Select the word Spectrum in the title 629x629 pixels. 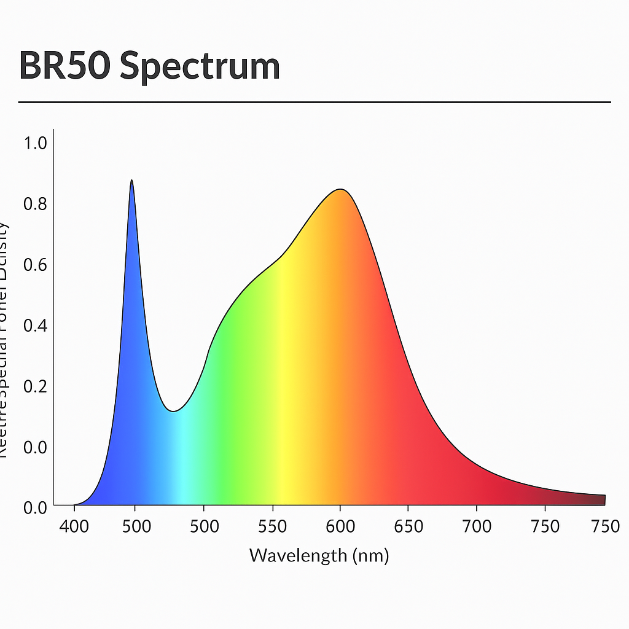200,66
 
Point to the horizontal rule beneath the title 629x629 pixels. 314,102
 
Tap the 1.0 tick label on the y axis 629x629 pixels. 35,143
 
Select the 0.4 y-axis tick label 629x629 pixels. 35,325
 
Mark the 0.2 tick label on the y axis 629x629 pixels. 35,386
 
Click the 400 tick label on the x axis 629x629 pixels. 74,526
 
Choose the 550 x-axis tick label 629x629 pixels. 273,526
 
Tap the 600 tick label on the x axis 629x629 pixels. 340,526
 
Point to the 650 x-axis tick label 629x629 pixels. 408,526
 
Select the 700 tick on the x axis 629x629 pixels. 477,526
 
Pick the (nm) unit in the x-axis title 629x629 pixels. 370,556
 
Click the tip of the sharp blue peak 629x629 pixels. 131,181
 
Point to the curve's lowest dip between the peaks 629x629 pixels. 174,411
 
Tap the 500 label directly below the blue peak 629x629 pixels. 136,526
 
